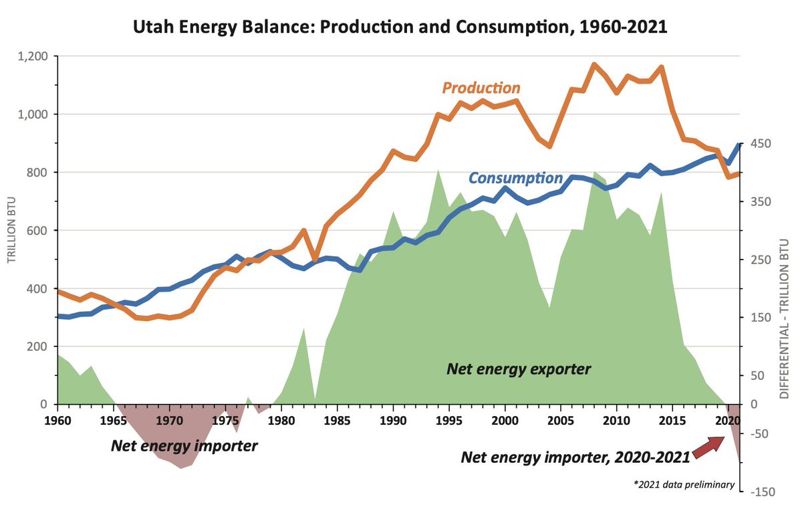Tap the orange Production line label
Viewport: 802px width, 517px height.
click(x=481, y=88)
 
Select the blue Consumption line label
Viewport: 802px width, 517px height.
click(x=515, y=178)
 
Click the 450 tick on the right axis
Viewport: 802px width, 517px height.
click(x=761, y=144)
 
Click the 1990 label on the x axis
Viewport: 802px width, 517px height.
click(x=394, y=420)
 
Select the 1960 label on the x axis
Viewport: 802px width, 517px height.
click(x=57, y=420)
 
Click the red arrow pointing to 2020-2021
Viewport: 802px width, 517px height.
click(x=708, y=447)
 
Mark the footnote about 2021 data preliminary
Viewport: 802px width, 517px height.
click(x=684, y=485)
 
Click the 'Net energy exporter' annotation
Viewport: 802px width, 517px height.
click(x=519, y=369)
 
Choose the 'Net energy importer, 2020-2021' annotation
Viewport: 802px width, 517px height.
click(x=575, y=457)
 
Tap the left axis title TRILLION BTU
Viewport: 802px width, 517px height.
click(x=12, y=231)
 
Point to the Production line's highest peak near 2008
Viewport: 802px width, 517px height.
click(x=593, y=65)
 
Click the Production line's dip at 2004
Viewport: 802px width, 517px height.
click(x=549, y=146)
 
